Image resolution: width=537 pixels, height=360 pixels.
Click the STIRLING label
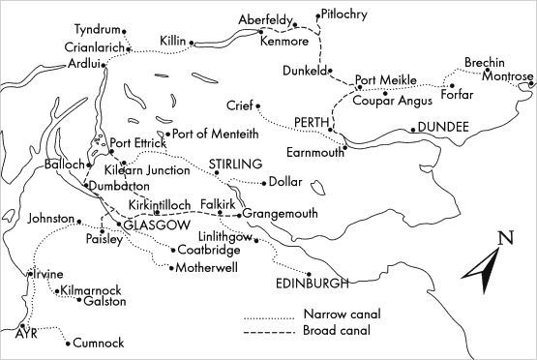[235, 165]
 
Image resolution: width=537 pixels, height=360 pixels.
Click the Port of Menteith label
[211, 134]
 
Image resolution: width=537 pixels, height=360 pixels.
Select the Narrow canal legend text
[343, 315]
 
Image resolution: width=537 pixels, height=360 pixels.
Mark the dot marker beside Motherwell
[170, 267]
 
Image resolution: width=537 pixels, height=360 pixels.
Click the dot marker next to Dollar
[263, 182]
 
